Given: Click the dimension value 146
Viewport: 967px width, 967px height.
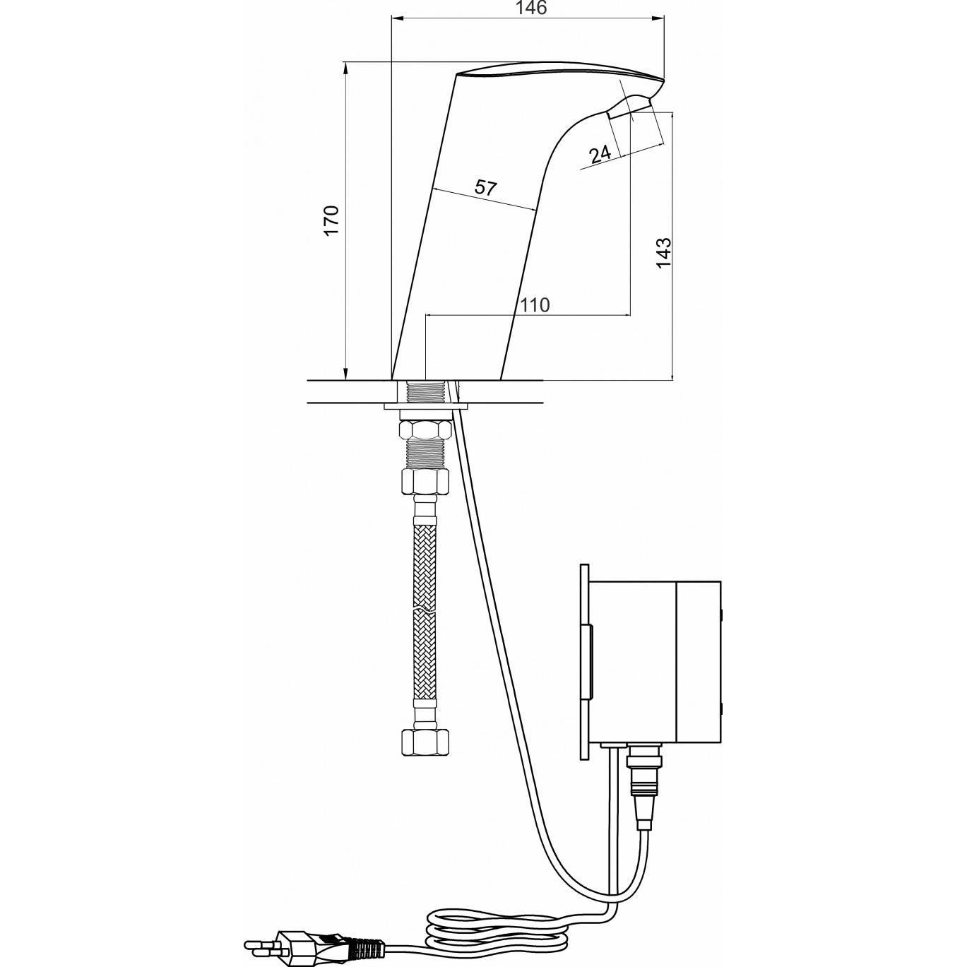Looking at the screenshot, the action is coord(532,8).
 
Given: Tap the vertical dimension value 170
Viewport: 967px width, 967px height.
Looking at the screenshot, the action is coord(332,220).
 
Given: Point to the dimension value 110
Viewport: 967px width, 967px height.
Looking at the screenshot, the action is coord(535,304).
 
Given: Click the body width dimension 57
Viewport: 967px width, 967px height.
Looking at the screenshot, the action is coord(485,188).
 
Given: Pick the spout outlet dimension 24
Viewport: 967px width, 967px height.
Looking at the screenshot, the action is coord(600,155).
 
